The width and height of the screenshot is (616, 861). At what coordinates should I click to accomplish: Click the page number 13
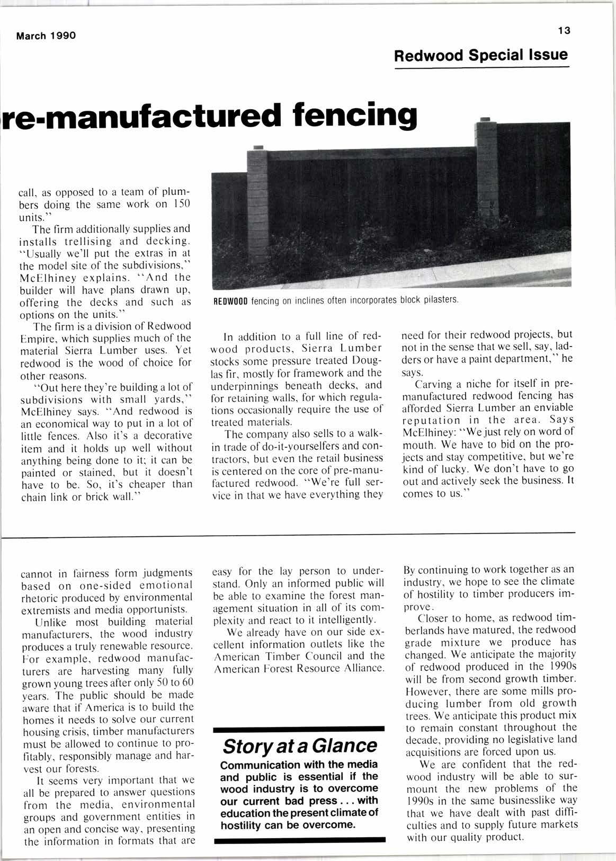pyautogui.click(x=563, y=31)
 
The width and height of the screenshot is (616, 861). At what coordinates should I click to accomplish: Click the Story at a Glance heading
pyautogui.click(x=299, y=746)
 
